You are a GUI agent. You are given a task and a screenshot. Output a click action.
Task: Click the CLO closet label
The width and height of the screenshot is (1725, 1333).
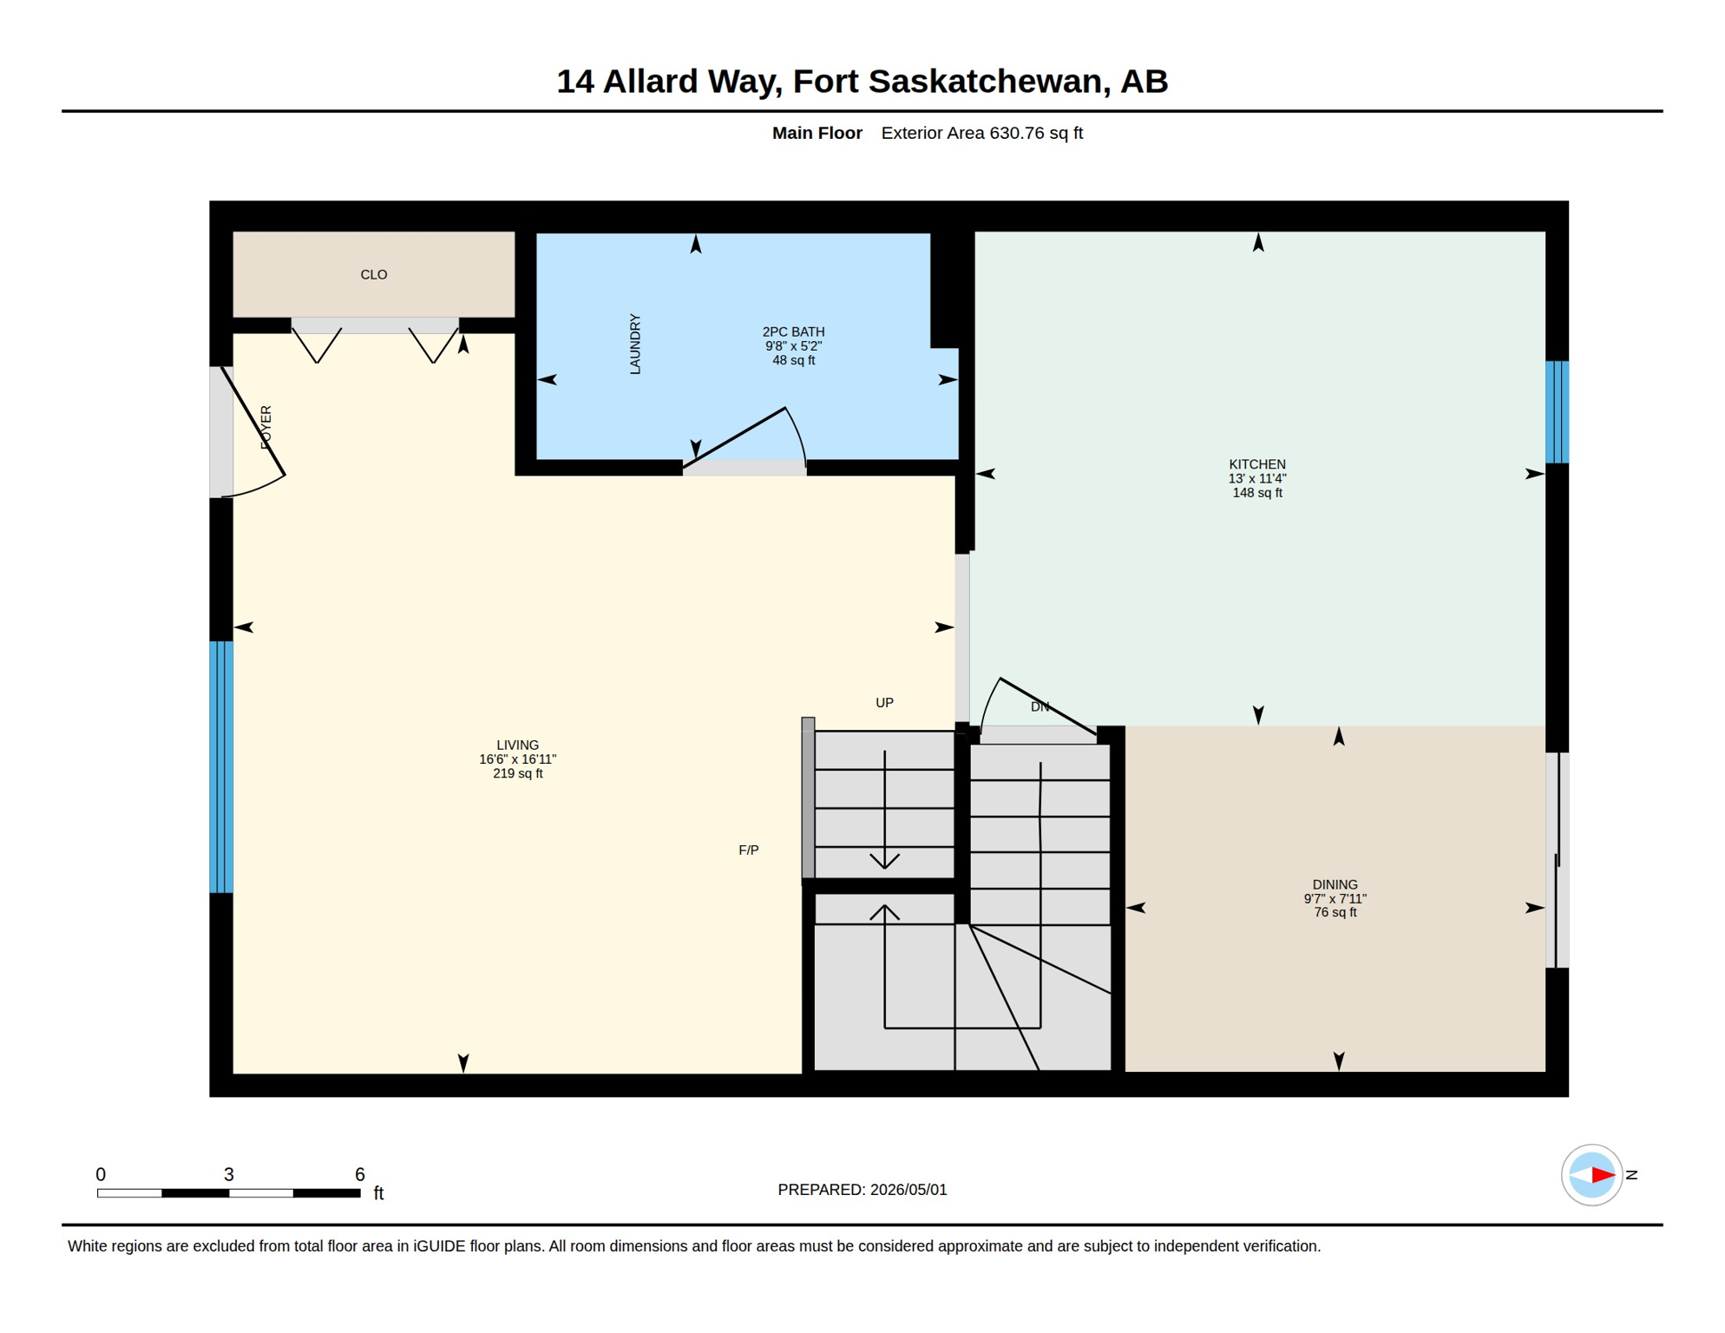pyautogui.click(x=374, y=275)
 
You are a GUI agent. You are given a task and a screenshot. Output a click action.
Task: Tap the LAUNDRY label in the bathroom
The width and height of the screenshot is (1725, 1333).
pyautogui.click(x=635, y=345)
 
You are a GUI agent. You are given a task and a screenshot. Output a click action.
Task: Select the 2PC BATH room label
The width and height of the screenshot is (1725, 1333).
pyautogui.click(x=793, y=332)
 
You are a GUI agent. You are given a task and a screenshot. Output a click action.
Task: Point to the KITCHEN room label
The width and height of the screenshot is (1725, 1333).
pyautogui.click(x=1257, y=465)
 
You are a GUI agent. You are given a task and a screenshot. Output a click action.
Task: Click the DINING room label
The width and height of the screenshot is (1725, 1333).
pyautogui.click(x=1335, y=885)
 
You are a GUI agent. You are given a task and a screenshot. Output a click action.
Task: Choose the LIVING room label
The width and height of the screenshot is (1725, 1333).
pyautogui.click(x=518, y=745)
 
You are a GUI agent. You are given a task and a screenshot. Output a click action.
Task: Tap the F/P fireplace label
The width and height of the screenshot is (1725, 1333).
pyautogui.click(x=749, y=850)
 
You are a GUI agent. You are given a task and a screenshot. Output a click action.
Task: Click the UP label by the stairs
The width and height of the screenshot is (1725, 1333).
pyautogui.click(x=884, y=703)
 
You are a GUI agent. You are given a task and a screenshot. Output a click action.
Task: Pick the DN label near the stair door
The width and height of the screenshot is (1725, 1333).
pyautogui.click(x=1040, y=707)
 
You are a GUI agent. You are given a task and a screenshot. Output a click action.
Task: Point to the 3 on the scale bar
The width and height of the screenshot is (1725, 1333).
pyautogui.click(x=229, y=1175)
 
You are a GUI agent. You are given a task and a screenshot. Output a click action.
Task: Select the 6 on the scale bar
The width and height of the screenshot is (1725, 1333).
pyautogui.click(x=360, y=1175)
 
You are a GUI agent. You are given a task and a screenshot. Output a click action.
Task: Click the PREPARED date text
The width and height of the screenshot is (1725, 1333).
pyautogui.click(x=862, y=1190)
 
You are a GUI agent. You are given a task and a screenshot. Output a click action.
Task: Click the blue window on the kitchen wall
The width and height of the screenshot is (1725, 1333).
pyautogui.click(x=1558, y=412)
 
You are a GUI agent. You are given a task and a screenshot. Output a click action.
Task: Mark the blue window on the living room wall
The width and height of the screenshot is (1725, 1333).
pyautogui.click(x=221, y=767)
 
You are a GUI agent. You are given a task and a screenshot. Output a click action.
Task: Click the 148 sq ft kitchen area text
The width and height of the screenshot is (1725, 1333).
pyautogui.click(x=1257, y=493)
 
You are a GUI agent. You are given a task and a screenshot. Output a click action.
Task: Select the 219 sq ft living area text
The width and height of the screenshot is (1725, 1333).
pyautogui.click(x=518, y=774)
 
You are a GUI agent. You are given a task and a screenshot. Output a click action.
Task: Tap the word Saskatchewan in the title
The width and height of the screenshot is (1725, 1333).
pyautogui.click(x=989, y=82)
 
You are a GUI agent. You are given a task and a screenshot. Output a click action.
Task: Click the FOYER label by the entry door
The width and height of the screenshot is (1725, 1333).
pyautogui.click(x=266, y=427)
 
